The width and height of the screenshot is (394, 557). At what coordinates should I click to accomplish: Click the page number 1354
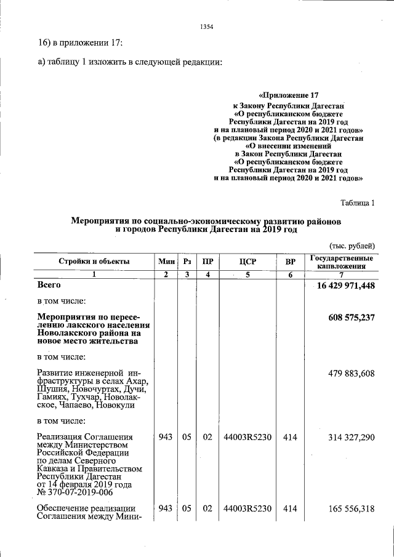click(x=206, y=26)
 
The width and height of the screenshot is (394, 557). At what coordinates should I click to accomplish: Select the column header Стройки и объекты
click(x=94, y=262)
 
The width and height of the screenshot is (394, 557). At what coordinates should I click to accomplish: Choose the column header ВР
click(x=290, y=262)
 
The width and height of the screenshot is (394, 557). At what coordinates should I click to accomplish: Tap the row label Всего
click(x=49, y=286)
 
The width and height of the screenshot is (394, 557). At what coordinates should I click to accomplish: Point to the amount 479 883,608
click(x=348, y=373)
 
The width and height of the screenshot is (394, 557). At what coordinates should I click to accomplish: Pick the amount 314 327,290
click(x=348, y=437)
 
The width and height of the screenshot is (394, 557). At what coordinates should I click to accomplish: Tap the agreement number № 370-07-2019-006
click(x=76, y=492)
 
